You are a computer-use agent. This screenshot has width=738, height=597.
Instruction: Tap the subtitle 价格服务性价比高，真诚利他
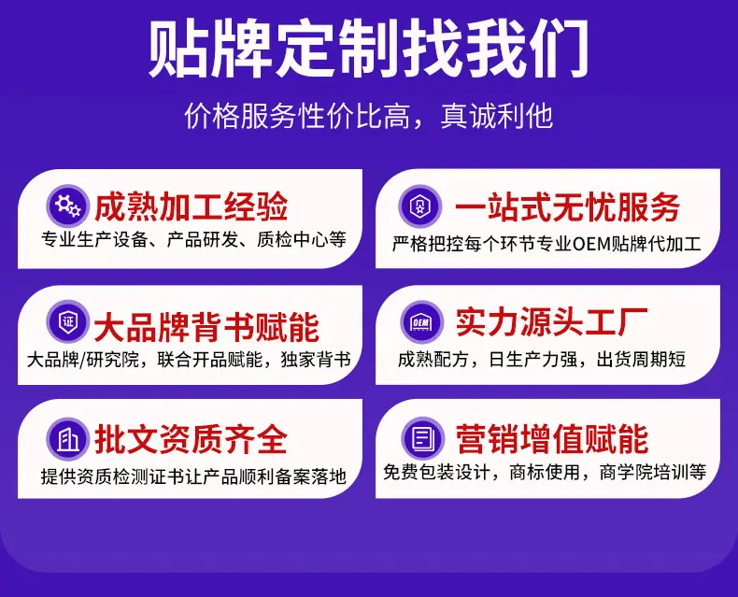(x=369, y=117)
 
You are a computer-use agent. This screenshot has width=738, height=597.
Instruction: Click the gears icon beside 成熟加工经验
(x=66, y=205)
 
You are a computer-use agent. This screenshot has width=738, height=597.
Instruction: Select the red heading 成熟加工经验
(x=191, y=206)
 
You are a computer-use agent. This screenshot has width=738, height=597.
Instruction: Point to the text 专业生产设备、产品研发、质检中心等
(x=193, y=240)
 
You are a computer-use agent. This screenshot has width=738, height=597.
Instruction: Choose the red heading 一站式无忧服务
(x=567, y=206)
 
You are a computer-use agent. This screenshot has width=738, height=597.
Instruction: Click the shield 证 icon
(x=66, y=322)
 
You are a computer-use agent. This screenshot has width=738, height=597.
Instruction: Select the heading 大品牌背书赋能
(x=206, y=325)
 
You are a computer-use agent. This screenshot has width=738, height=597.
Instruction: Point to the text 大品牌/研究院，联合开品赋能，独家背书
(x=190, y=360)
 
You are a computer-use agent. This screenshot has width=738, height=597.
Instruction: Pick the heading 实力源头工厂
(x=551, y=322)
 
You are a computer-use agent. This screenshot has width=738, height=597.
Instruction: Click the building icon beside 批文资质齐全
(x=66, y=438)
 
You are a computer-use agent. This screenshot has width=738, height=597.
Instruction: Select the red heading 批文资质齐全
(x=191, y=439)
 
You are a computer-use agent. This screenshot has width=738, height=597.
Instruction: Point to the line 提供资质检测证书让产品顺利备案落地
(x=193, y=476)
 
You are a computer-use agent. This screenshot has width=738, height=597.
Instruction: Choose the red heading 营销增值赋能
(x=551, y=439)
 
